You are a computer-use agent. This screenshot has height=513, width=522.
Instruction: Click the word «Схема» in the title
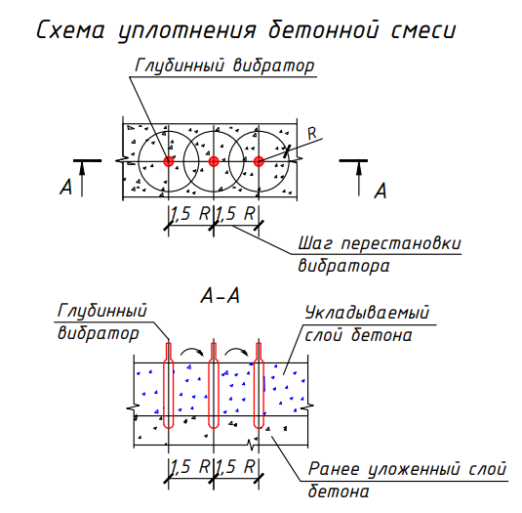click(70, 30)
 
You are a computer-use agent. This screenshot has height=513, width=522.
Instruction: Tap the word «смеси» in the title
click(422, 30)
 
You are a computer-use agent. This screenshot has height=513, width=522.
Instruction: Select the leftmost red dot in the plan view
click(169, 161)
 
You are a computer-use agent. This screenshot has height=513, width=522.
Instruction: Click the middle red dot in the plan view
click(214, 161)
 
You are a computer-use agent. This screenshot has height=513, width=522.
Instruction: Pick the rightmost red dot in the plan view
click(259, 161)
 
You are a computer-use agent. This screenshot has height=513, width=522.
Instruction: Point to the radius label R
click(312, 134)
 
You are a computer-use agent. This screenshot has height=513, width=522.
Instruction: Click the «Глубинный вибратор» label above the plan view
click(224, 65)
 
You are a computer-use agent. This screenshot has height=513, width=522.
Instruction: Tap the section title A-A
click(221, 296)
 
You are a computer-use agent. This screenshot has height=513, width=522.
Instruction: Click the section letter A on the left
click(65, 187)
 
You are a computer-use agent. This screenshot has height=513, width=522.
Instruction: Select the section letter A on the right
click(381, 191)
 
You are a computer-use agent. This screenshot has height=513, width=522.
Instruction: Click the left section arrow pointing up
click(82, 180)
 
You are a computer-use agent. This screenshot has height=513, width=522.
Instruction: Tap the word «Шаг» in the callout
click(315, 243)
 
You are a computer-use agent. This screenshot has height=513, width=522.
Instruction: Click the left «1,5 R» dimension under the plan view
click(190, 213)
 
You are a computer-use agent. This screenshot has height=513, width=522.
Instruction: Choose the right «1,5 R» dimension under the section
click(236, 466)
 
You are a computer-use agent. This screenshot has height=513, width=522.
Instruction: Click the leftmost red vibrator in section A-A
click(169, 385)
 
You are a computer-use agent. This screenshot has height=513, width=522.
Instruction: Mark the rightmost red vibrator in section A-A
click(259, 385)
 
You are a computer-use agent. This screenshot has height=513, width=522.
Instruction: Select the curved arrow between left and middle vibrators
click(191, 349)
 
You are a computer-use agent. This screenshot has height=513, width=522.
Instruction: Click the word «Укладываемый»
click(367, 313)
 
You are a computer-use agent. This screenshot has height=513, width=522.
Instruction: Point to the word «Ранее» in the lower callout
click(334, 469)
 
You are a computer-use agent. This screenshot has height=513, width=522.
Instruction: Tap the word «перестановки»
click(401, 243)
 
